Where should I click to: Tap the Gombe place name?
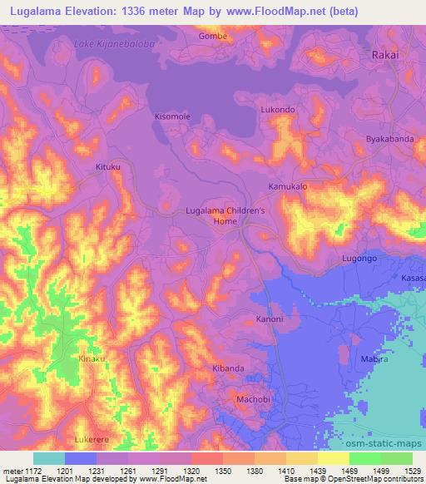(212, 37)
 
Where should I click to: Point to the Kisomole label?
(173, 117)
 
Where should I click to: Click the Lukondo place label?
(278, 110)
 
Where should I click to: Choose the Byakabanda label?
(390, 140)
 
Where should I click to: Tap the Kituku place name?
(108, 167)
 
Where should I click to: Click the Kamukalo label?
(287, 187)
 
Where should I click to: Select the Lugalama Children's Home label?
(225, 216)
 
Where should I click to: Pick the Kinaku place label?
(92, 358)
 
